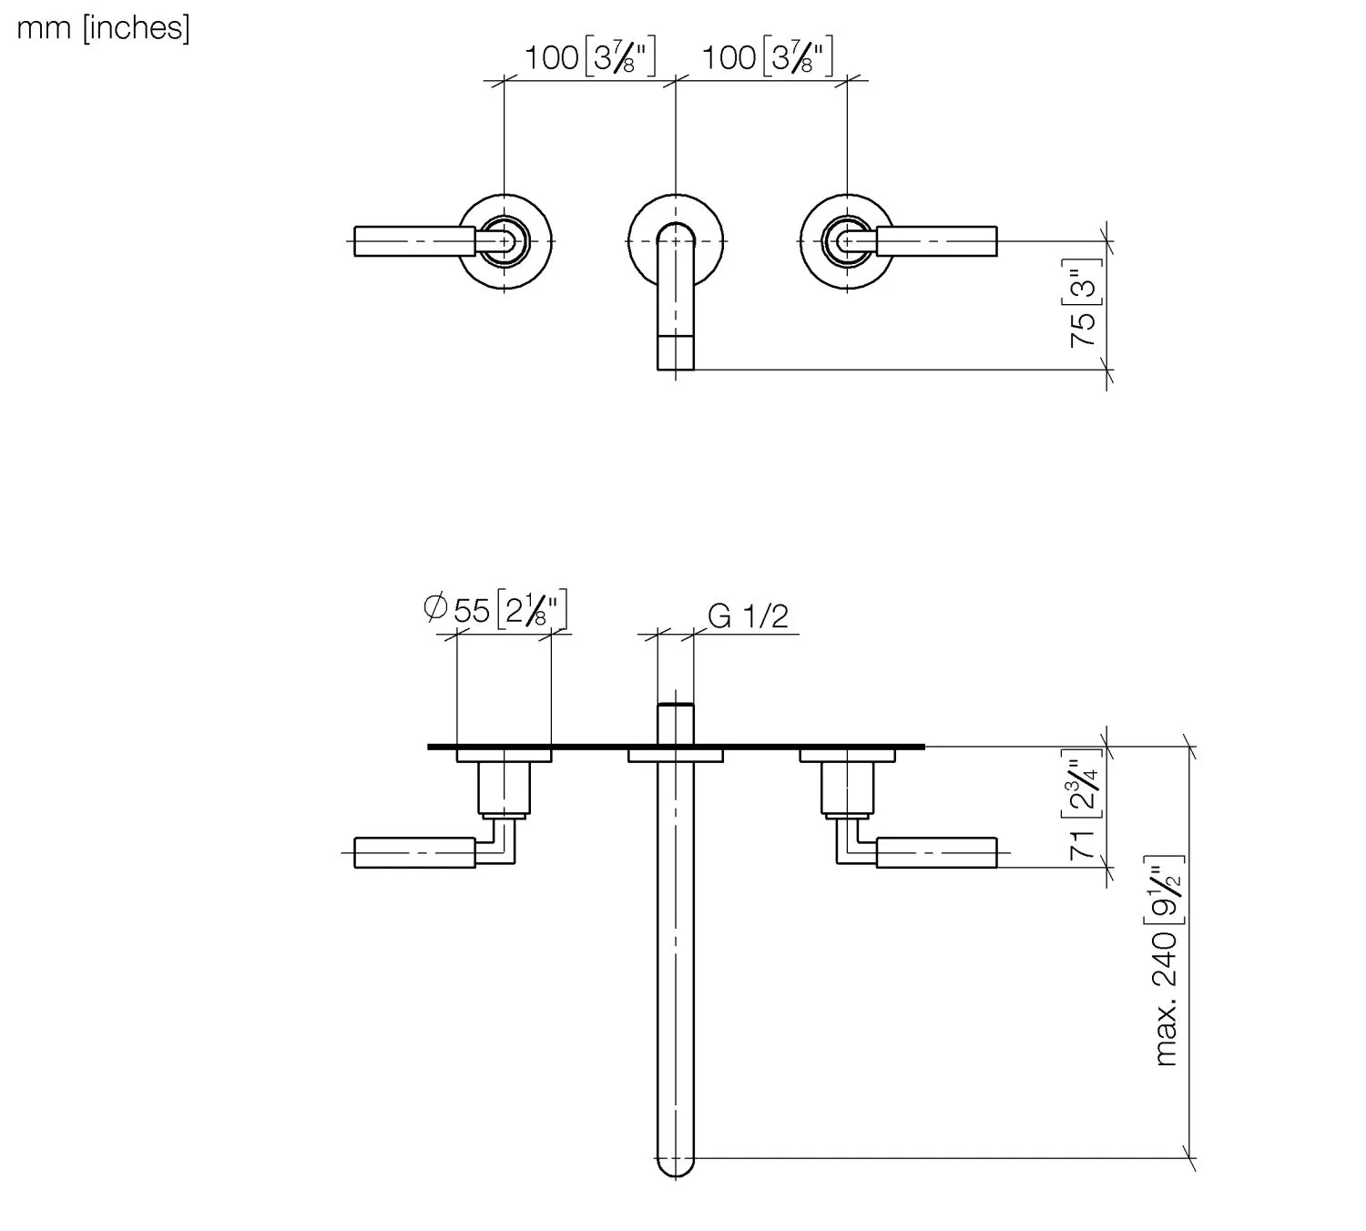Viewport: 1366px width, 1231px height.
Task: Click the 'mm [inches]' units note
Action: pos(104,28)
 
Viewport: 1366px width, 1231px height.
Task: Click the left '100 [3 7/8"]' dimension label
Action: pos(589,58)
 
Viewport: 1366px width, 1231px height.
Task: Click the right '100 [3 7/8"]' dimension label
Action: pos(767,58)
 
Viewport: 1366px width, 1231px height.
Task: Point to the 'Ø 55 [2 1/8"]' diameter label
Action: pos(496,609)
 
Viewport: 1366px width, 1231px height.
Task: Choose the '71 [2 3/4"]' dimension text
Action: pos(1084,810)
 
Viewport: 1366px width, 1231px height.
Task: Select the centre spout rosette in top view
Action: pos(676,209)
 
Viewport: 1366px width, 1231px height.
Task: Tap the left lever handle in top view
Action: pos(414,241)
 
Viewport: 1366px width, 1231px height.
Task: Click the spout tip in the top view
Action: pos(676,352)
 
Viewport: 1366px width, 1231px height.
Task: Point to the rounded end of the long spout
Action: pos(676,1162)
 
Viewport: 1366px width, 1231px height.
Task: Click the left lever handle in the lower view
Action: pos(414,853)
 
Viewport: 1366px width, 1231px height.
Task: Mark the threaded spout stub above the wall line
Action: pos(676,723)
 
